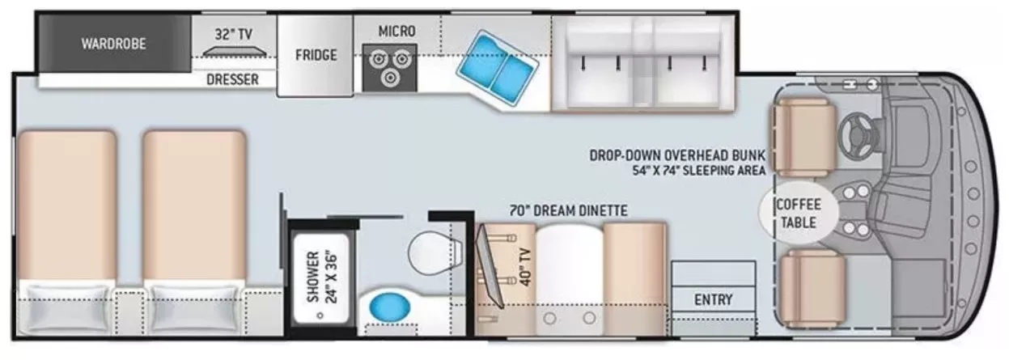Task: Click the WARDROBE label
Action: point(113,44)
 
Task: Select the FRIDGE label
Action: point(315,55)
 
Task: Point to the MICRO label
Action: point(396,31)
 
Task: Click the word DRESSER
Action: point(232,79)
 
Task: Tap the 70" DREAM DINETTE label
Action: point(568,211)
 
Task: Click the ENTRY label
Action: point(713,299)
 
